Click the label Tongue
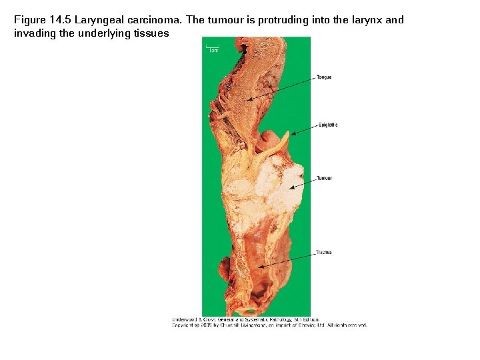(x=324, y=77)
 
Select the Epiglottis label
(x=327, y=125)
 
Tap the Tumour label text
(x=324, y=178)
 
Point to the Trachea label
(x=324, y=252)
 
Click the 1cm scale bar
(x=213, y=49)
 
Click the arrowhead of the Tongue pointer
(x=247, y=101)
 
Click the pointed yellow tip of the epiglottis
(x=288, y=133)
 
